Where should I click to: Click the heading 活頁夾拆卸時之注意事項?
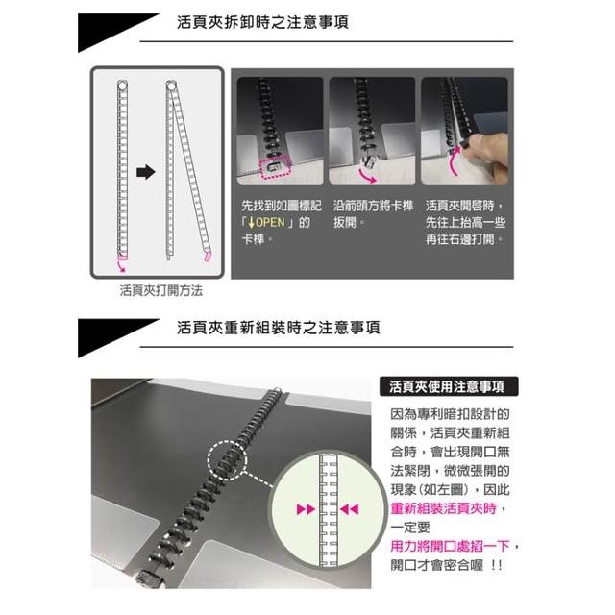pyautogui.click(x=262, y=22)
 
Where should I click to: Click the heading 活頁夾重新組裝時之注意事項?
pyautogui.click(x=278, y=328)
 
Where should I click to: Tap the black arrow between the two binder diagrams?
pyautogui.click(x=146, y=172)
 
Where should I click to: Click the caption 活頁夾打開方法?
pyautogui.click(x=161, y=290)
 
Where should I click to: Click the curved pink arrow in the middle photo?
pyautogui.click(x=367, y=177)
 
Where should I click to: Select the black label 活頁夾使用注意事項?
pyautogui.click(x=449, y=386)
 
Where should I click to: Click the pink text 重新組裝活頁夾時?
pyautogui.click(x=444, y=508)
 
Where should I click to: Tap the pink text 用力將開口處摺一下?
pyautogui.click(x=450, y=546)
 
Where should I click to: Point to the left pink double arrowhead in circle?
pyautogui.click(x=306, y=509)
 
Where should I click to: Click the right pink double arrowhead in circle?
pyautogui.click(x=350, y=509)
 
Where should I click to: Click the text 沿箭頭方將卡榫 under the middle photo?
pyautogui.click(x=374, y=206)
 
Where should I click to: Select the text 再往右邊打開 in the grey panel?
pyautogui.click(x=460, y=239)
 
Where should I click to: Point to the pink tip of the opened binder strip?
pyautogui.click(x=208, y=257)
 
